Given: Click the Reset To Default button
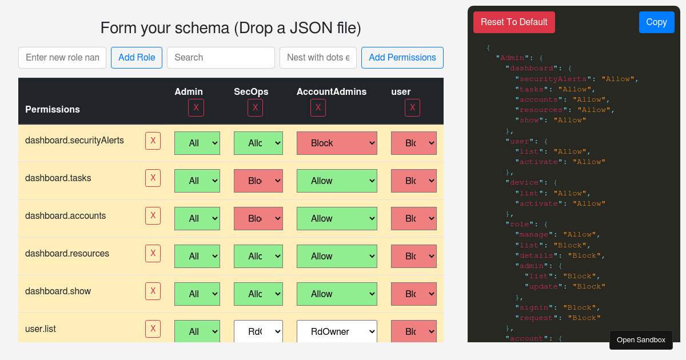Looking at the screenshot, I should click(514, 22).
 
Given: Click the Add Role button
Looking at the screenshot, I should click(137, 58).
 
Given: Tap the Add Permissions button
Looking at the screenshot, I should click(402, 58).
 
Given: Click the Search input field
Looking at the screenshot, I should click(221, 58).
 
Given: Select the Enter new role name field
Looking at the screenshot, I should click(62, 58).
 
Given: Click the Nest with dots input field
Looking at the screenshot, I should click(318, 58).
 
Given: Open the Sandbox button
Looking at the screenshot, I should click(641, 340).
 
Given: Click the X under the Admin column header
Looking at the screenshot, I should click(196, 107).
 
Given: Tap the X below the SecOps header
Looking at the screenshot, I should click(255, 107).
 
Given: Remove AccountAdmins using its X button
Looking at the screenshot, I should click(318, 107).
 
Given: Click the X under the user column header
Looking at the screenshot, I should click(412, 107).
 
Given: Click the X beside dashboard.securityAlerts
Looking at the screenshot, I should click(153, 141).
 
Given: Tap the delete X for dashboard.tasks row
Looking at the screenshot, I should click(153, 178).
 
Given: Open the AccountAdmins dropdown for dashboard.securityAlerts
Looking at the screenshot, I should click(337, 143).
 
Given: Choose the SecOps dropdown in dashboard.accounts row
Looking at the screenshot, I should click(258, 218).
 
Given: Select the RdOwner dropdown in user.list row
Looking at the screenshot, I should click(337, 331).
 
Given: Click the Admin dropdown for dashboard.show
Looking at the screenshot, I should click(197, 294).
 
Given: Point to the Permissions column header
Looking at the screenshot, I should click(53, 109).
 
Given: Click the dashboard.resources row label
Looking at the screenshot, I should click(67, 254).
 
